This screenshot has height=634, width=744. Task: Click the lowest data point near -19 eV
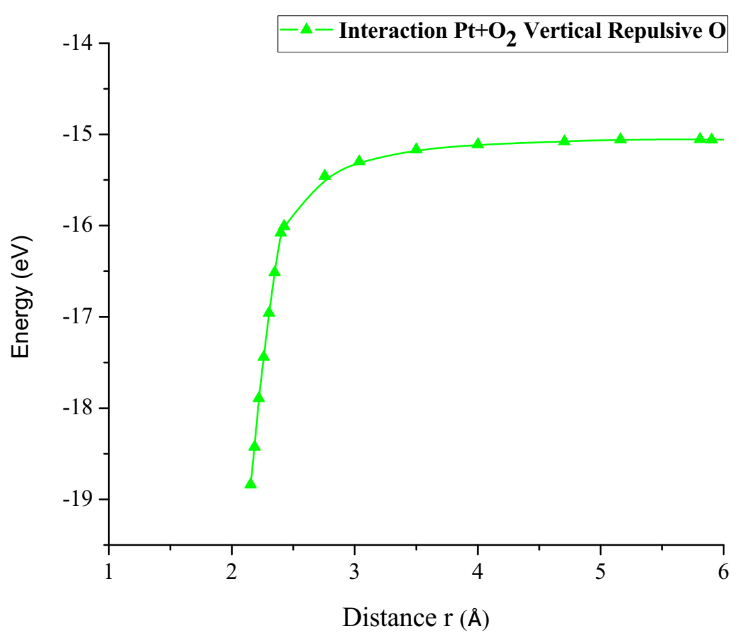(x=250, y=483)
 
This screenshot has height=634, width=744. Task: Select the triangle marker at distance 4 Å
(x=477, y=143)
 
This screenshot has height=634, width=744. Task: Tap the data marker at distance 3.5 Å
(x=416, y=149)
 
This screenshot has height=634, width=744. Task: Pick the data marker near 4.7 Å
(x=564, y=141)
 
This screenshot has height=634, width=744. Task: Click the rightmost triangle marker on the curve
(x=712, y=139)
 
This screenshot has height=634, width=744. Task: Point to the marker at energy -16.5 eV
(x=275, y=272)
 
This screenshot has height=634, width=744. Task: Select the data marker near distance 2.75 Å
(x=324, y=175)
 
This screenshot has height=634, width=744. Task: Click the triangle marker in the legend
(x=306, y=29)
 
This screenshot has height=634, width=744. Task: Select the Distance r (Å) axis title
(x=416, y=617)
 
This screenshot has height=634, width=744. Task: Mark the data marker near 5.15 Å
(x=620, y=139)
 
